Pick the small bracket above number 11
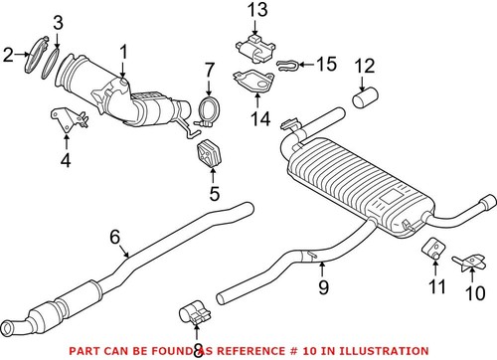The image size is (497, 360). point(432,250)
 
